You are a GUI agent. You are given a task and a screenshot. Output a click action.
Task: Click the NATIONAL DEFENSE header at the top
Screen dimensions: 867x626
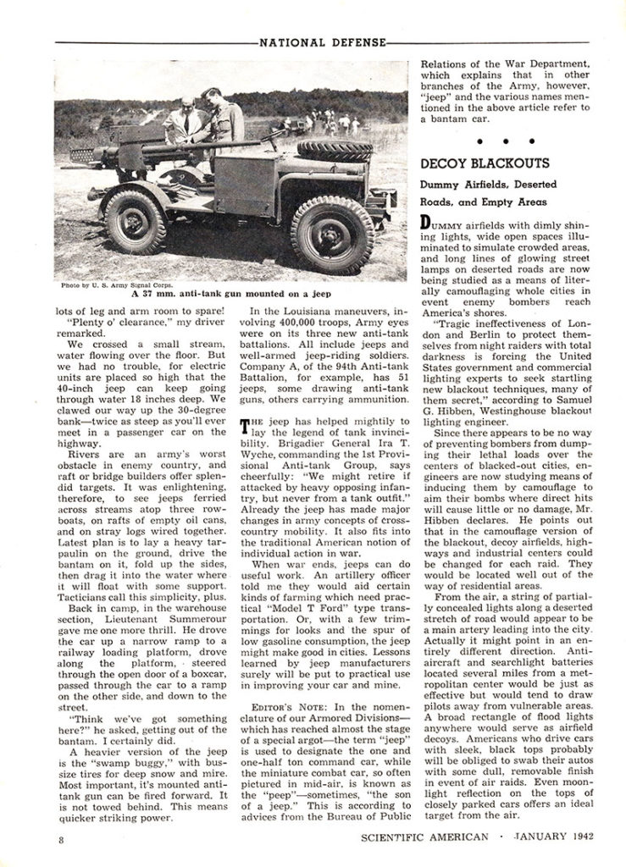pyautogui.click(x=324, y=40)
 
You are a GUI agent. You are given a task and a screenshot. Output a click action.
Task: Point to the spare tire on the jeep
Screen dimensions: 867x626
pyautogui.click(x=322, y=152)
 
